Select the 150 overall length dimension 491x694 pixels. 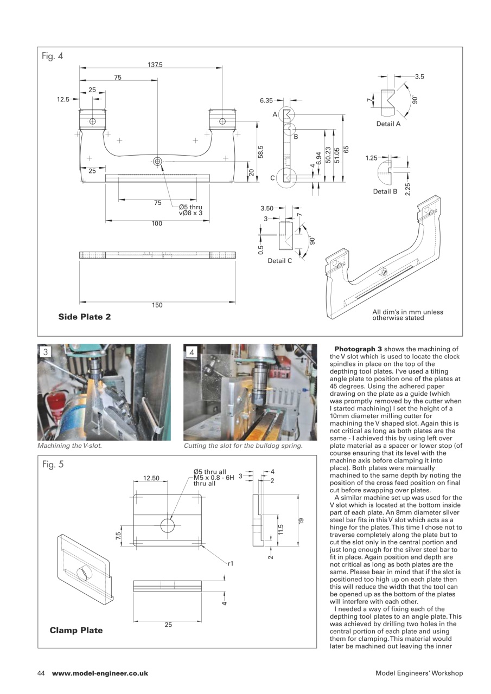click(157, 305)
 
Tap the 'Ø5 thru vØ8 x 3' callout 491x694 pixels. click(190, 210)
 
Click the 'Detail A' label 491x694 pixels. click(388, 124)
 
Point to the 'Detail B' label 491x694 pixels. click(385, 191)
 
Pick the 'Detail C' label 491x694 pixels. click(280, 261)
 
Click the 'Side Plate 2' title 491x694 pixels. click(85, 317)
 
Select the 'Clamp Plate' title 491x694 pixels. click(76, 631)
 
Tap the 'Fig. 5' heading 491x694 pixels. click(53, 465)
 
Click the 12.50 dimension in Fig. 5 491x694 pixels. click(151, 478)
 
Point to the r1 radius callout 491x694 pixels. click(230, 564)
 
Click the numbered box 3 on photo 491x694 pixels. click(46, 352)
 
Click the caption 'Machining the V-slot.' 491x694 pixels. click(69, 446)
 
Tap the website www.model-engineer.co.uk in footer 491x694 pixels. click(100, 673)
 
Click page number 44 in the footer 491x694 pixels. click(41, 673)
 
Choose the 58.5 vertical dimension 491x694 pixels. click(260, 151)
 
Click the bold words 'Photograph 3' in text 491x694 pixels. click(358, 349)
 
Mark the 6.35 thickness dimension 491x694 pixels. click(266, 100)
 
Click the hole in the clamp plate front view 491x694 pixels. click(167, 525)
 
